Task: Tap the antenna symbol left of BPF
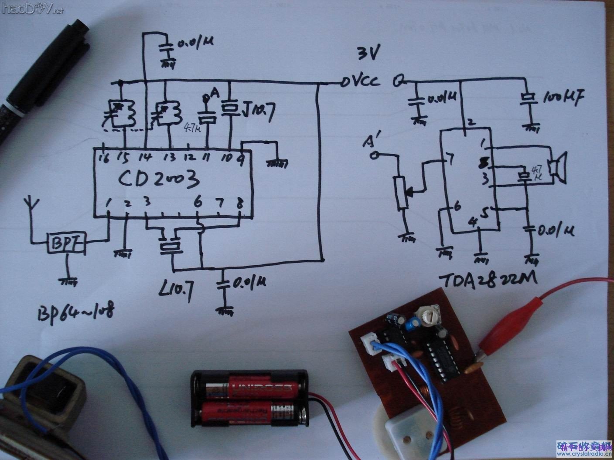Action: [x=31, y=205]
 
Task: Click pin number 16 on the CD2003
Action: [x=104, y=158]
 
